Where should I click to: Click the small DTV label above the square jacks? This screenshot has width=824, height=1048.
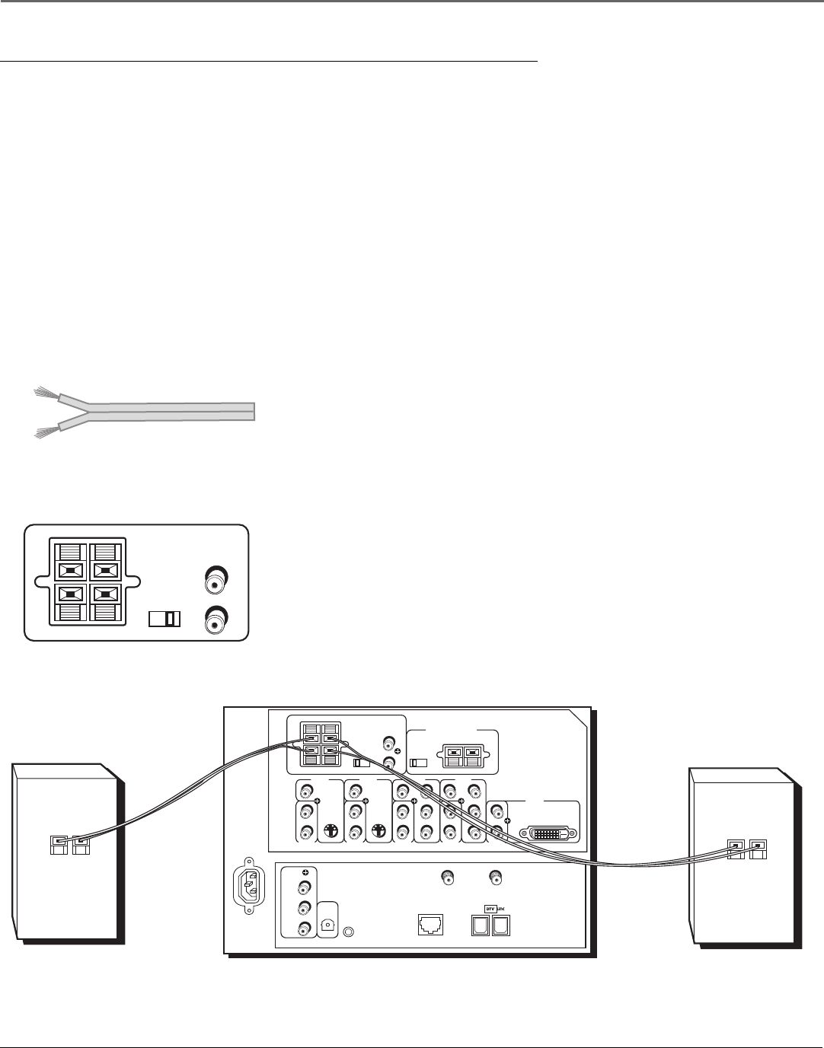490,908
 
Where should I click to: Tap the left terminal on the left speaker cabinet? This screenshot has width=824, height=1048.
59,843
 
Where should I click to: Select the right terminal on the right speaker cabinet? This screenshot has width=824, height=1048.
759,846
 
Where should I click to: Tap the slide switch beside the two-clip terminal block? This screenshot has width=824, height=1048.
419,763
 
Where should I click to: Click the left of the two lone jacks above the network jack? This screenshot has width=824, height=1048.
449,878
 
